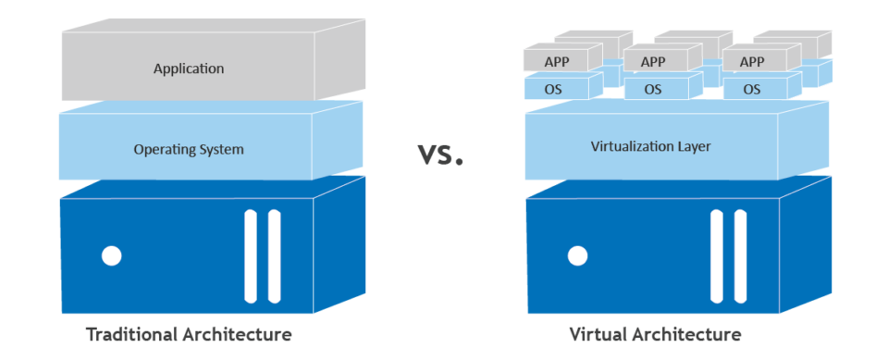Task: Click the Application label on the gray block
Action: click(189, 68)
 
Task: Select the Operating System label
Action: click(189, 148)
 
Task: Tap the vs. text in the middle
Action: click(438, 154)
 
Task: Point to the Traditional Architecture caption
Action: click(189, 333)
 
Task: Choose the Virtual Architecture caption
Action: click(655, 333)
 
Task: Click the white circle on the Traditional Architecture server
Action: click(112, 255)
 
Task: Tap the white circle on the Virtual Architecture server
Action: click(578, 255)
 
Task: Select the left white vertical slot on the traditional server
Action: click(251, 256)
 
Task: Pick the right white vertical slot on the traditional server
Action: click(274, 256)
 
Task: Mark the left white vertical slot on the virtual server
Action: click(716, 256)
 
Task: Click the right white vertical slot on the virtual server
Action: click(740, 256)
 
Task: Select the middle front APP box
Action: click(653, 62)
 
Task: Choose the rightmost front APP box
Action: click(752, 62)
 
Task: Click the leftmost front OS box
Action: click(553, 90)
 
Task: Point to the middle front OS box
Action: click(653, 90)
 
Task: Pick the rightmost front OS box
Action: click(752, 90)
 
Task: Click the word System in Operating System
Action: click(223, 148)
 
